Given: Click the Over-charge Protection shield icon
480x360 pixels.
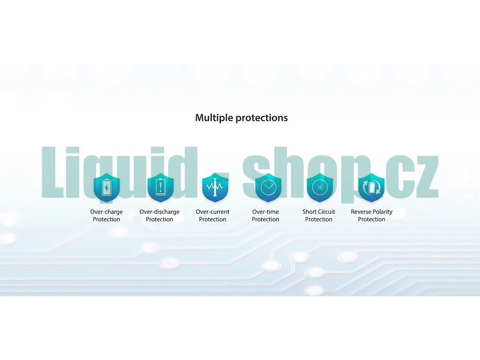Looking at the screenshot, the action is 106,187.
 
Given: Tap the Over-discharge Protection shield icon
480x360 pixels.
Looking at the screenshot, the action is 160,187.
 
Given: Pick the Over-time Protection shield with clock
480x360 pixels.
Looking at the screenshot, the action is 268,187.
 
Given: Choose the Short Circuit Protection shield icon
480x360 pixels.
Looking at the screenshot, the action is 320,187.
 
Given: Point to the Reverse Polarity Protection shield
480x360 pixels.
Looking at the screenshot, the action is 371,187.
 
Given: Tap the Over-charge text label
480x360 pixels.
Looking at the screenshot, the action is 106,212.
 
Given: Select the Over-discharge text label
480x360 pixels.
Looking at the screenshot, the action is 159,212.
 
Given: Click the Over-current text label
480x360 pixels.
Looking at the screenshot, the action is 212,212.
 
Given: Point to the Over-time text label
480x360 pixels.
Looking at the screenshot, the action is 265,212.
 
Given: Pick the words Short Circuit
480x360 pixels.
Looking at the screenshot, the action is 319,212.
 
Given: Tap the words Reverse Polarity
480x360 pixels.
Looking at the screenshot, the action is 372,212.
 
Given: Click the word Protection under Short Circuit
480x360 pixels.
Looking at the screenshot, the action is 319,219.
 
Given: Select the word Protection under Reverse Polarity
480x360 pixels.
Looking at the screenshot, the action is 372,219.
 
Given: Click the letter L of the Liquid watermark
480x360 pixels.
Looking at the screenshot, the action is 52,172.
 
